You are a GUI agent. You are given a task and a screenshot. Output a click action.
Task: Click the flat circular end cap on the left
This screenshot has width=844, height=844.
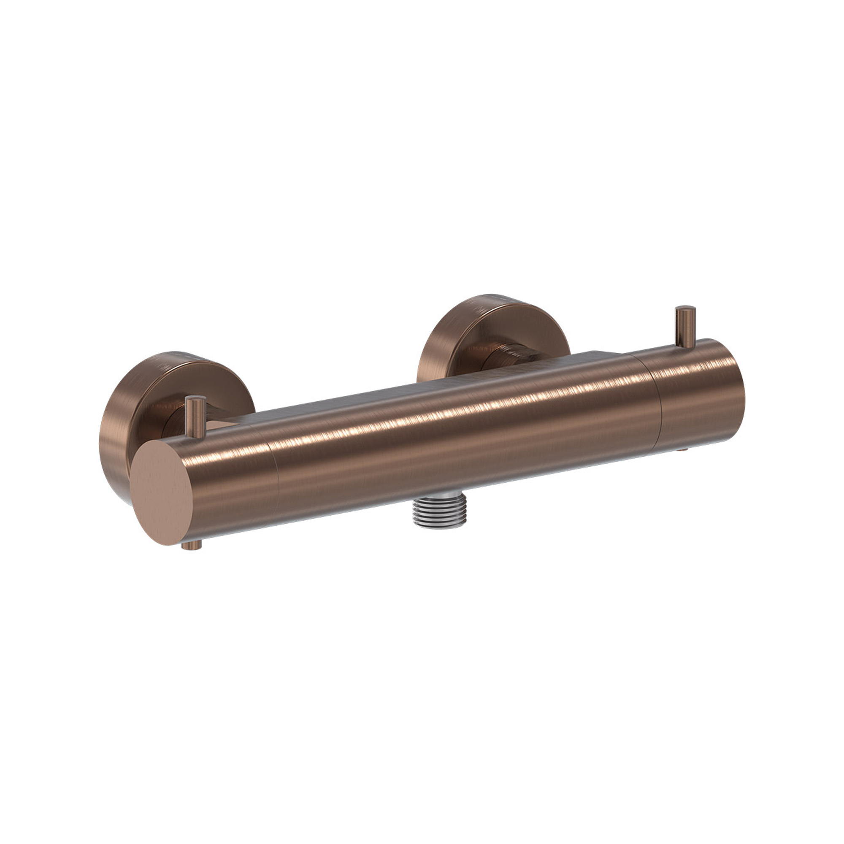[x=162, y=492]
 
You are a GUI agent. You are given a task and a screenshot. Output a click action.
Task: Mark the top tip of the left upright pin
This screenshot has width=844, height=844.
[x=196, y=398]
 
